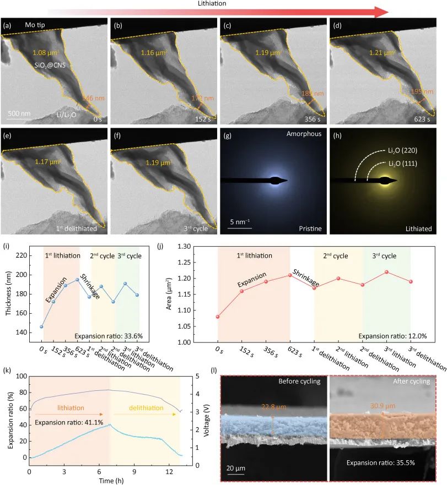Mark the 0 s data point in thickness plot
pos(41,326)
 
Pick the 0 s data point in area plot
pos(218,317)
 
